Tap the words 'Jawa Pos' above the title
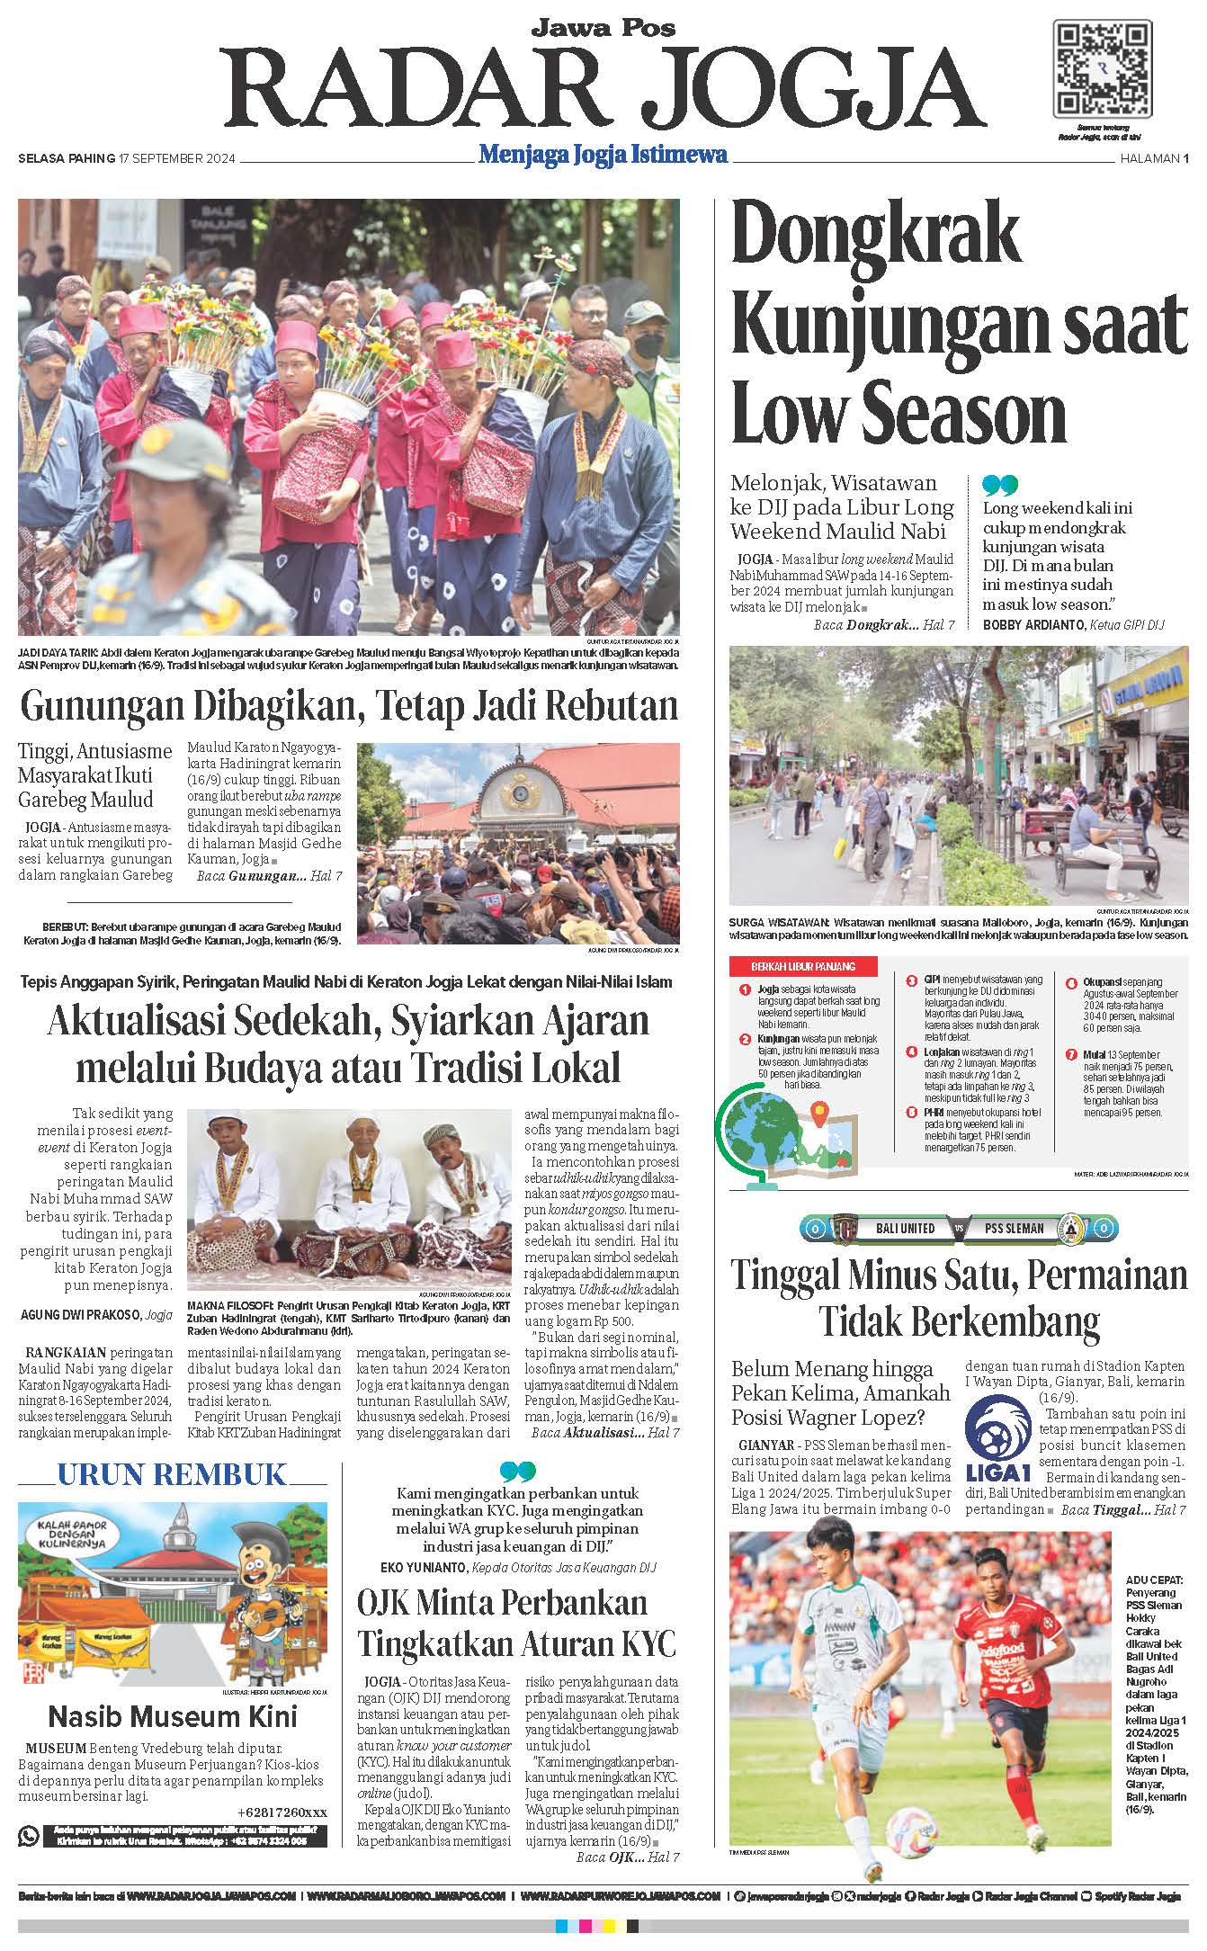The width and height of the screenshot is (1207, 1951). click(603, 28)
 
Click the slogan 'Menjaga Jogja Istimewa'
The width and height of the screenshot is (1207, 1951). click(603, 155)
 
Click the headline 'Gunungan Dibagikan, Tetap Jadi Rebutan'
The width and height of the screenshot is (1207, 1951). click(349, 706)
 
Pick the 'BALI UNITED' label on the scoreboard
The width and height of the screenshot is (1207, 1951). click(905, 1228)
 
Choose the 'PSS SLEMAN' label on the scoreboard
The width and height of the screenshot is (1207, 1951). click(1014, 1228)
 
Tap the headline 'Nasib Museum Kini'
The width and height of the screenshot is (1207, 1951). click(172, 1716)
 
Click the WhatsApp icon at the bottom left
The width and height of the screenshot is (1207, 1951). click(30, 1835)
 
